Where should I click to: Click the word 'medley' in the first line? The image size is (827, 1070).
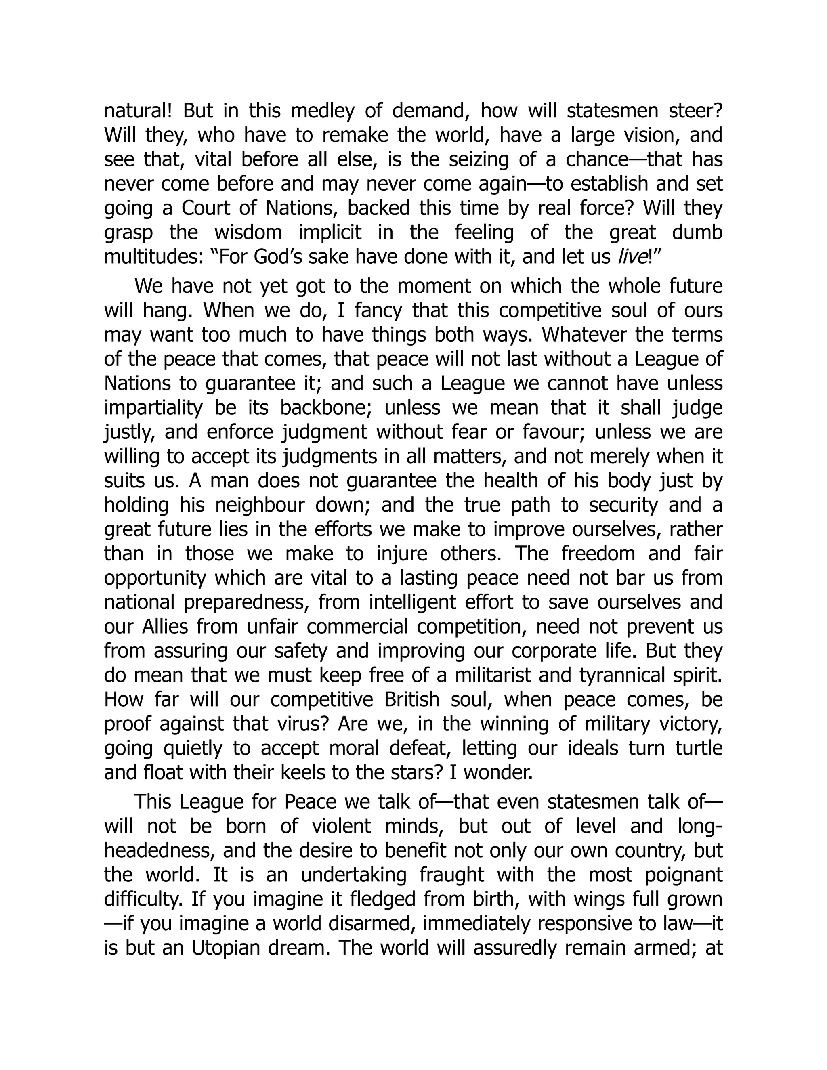(322, 111)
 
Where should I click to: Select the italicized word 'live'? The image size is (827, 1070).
(633, 257)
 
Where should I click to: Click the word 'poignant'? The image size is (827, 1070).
(682, 875)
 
